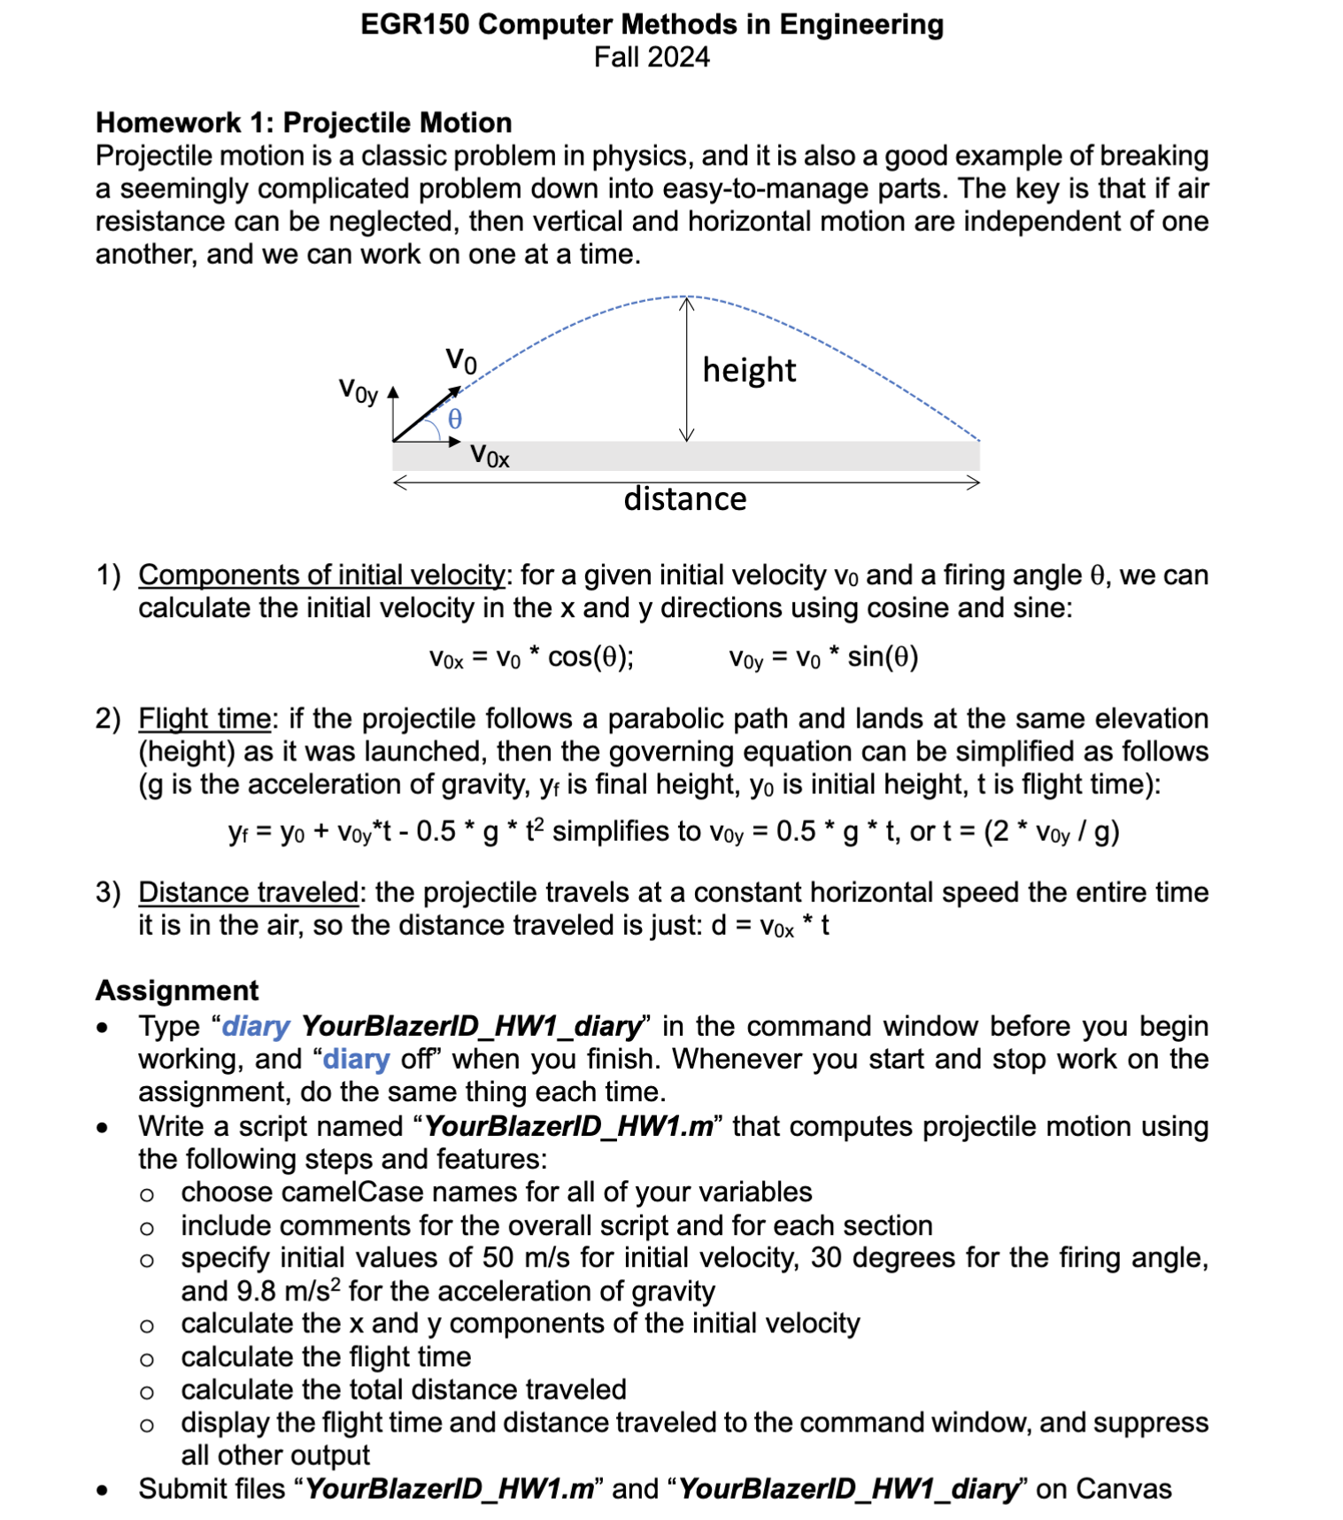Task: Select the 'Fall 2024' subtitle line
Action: click(x=652, y=58)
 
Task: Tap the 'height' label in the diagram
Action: click(x=749, y=370)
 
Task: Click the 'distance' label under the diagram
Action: click(x=684, y=499)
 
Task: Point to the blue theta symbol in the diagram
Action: click(x=454, y=419)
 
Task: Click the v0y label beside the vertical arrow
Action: click(x=359, y=390)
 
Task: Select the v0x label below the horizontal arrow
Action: click(x=490, y=456)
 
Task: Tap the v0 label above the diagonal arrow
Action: click(x=460, y=359)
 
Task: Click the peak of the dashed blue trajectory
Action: click(x=686, y=297)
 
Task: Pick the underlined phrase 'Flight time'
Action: click(x=205, y=718)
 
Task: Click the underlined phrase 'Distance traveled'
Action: click(x=248, y=891)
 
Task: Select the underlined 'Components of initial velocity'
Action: click(x=321, y=575)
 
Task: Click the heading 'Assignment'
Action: click(x=177, y=990)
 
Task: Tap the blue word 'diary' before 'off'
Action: click(x=356, y=1059)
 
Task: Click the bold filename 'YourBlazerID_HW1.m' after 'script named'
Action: click(x=568, y=1126)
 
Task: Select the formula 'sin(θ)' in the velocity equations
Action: click(x=883, y=657)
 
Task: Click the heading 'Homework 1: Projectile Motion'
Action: click(x=304, y=122)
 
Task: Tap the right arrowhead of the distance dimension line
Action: click(x=975, y=482)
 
